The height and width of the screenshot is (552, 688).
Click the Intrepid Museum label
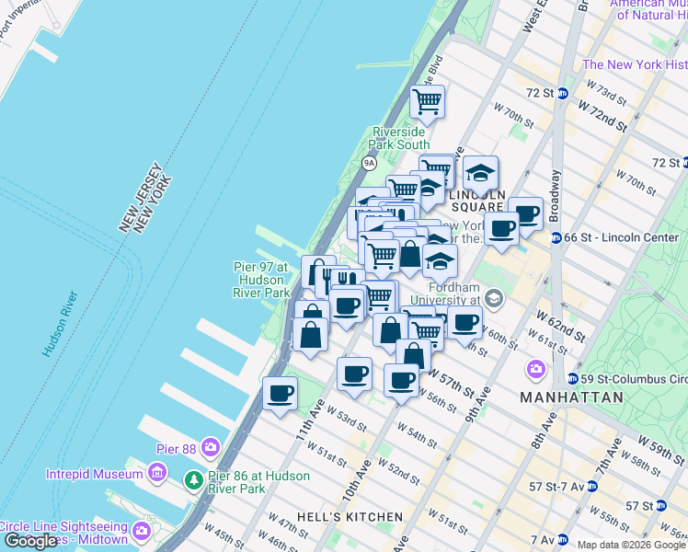pos(95,475)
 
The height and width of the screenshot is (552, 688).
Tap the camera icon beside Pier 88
pos(211,448)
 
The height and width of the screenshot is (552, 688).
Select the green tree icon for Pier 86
pos(193,480)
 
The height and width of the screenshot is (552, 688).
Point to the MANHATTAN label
pos(570,397)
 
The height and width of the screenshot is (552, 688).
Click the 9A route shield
pos(369,164)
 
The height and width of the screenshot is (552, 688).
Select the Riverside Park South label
pos(399,138)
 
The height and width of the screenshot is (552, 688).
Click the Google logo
pos(29,541)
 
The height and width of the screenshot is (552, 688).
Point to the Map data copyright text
pos(631,545)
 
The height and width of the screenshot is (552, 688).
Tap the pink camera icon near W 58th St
pos(535,370)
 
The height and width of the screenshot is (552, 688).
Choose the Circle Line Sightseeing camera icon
pos(141,531)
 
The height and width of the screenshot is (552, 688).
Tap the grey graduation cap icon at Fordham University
pos(495,297)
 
